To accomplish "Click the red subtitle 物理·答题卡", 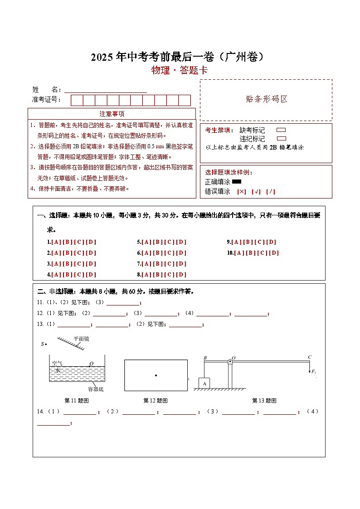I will (x=180, y=70).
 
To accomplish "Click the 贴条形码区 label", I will (x=266, y=99).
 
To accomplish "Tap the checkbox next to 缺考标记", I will (x=281, y=130).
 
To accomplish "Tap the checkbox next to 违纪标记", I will (x=281, y=139).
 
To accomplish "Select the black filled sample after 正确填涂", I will (x=237, y=182).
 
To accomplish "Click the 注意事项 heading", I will (x=112, y=114).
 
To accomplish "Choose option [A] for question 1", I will (x=57, y=242).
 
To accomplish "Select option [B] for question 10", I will (x=251, y=253).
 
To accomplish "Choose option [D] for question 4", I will (x=91, y=274).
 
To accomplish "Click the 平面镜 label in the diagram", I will (x=81, y=339).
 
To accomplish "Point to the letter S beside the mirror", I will (x=43, y=344).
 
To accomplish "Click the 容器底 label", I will (x=96, y=389).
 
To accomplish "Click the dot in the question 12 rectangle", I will (x=156, y=375).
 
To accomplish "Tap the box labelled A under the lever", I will (x=204, y=383).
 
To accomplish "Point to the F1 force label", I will (x=313, y=372).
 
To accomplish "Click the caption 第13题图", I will (x=264, y=401).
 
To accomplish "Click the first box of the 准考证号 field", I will (x=77, y=100).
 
